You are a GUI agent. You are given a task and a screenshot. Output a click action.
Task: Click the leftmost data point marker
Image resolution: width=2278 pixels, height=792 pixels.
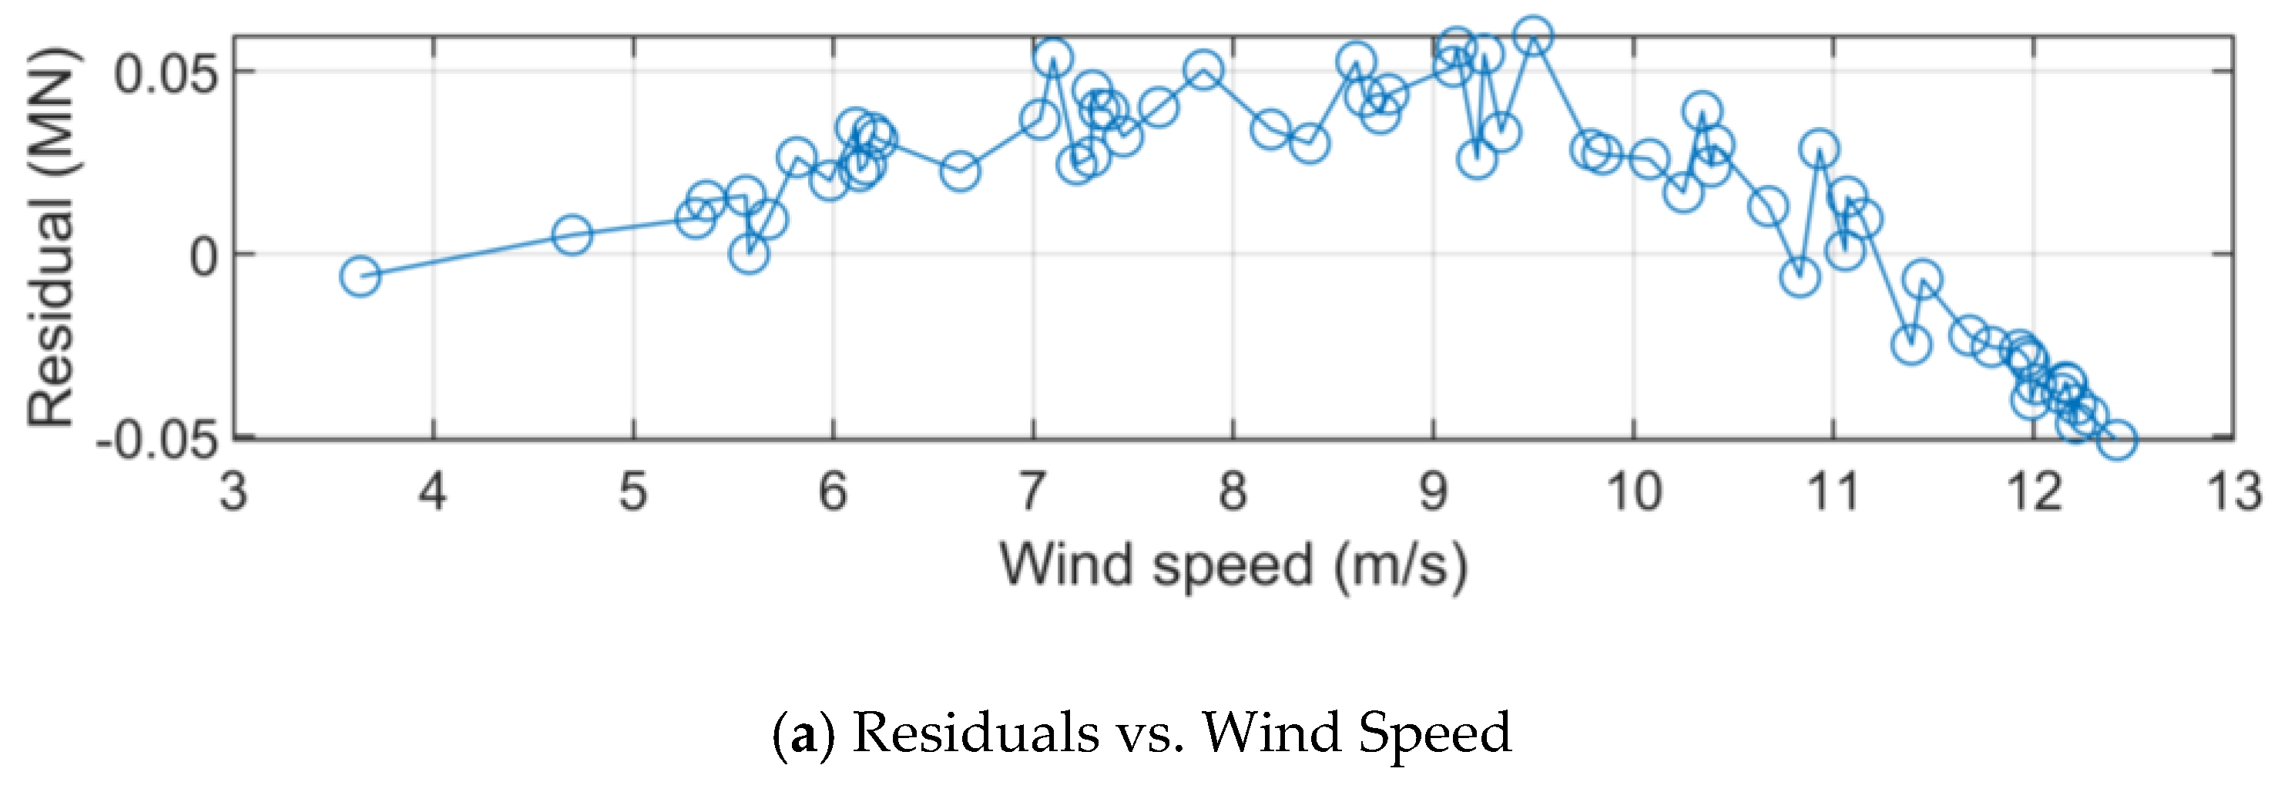[x=359, y=277]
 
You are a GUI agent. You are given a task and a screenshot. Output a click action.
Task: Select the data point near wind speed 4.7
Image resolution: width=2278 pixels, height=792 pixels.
[x=572, y=235]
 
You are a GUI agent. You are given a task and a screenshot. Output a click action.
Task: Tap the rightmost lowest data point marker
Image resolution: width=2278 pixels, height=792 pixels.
[x=2116, y=439]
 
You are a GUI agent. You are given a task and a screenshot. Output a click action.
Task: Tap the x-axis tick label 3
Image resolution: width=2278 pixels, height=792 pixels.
[x=233, y=492]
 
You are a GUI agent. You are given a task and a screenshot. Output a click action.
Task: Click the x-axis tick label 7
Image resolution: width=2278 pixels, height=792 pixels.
[x=1032, y=492]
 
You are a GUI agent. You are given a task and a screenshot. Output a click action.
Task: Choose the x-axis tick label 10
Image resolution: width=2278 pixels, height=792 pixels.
[x=1632, y=492]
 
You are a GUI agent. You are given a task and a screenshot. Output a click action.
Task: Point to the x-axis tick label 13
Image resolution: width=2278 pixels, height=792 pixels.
[x=2235, y=492]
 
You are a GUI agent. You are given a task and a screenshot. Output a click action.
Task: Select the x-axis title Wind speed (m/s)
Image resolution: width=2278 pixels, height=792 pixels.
[x=1233, y=565]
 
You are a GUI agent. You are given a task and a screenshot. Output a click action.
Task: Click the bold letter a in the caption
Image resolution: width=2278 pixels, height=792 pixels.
[x=803, y=734]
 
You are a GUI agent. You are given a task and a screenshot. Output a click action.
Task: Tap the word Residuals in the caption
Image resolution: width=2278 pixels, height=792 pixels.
[x=975, y=733]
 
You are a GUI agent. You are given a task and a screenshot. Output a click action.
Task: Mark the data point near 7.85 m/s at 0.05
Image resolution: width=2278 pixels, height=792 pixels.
[x=1203, y=70]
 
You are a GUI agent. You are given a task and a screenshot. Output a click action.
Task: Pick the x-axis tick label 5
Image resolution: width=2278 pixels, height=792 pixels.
[x=633, y=492]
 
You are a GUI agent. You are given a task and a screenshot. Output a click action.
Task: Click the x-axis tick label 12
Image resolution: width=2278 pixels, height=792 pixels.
[x=2035, y=492]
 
